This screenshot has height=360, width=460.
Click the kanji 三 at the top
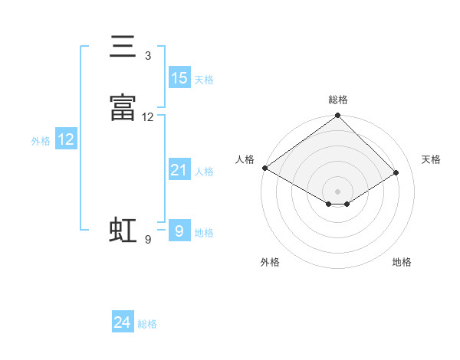point(123,47)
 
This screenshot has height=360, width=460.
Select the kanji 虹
point(123,231)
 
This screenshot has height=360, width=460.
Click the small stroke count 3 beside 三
point(148,56)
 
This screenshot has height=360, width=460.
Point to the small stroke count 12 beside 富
point(148,117)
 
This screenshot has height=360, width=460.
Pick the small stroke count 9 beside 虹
point(148,240)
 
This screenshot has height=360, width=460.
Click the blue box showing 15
point(179,78)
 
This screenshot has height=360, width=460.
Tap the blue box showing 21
point(179,170)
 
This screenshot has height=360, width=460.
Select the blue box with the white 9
point(179,231)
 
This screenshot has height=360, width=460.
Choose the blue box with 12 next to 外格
point(66,139)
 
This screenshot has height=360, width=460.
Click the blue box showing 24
point(123,323)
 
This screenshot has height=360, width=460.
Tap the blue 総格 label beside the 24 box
point(147,324)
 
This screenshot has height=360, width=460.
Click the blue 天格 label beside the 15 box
point(204,79)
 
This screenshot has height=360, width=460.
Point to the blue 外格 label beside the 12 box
point(41,140)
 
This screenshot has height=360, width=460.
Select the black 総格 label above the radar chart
point(338,100)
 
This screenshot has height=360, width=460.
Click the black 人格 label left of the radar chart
point(245,159)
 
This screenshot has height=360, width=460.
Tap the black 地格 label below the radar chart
point(402,262)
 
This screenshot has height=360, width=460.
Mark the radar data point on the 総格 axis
point(338,116)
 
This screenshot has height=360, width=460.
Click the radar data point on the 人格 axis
point(265,168)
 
